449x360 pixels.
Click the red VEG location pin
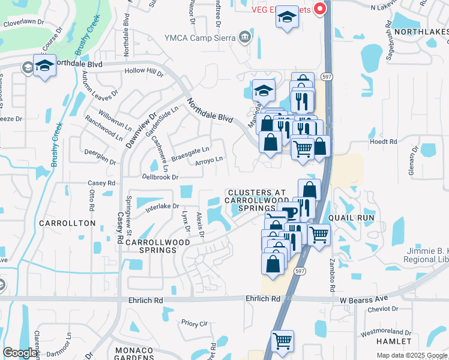point(320,8)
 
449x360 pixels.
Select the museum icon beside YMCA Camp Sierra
point(244,38)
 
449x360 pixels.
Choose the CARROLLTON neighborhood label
point(67,223)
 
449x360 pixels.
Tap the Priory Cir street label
point(194,323)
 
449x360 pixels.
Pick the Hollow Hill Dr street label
point(143,72)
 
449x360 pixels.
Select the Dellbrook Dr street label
point(160,177)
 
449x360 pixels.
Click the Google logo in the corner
point(20,353)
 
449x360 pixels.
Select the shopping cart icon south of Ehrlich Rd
point(282,341)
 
